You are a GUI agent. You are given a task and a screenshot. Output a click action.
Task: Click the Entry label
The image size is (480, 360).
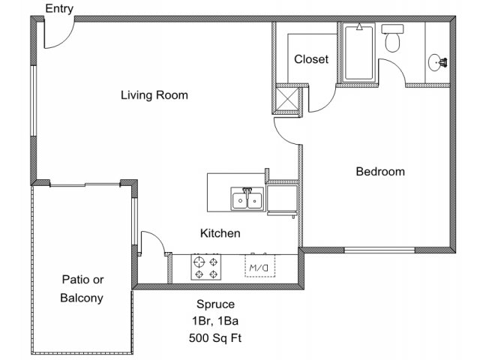(59, 9)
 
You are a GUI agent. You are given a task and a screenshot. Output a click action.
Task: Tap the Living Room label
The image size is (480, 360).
(154, 95)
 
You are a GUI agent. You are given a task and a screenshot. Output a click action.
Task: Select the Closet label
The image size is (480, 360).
(311, 59)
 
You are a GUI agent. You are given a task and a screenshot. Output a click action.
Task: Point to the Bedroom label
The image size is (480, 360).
(380, 172)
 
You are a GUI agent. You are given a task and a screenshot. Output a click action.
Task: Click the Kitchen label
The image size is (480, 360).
(220, 233)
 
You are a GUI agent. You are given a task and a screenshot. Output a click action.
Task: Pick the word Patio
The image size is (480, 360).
(73, 280)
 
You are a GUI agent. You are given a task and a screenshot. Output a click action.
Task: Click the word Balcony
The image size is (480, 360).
(82, 298)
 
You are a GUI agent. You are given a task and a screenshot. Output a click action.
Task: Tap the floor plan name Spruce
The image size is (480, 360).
(215, 304)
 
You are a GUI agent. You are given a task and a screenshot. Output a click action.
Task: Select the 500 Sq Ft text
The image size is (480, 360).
(215, 338)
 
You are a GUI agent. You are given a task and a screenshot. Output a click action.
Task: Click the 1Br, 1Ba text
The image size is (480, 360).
(215, 321)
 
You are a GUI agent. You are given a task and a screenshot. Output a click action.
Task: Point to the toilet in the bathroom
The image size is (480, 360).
(392, 38)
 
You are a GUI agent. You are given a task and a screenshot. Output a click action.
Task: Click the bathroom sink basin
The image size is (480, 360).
(435, 62)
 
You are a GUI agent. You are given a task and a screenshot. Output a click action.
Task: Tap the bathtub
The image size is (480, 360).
(359, 52)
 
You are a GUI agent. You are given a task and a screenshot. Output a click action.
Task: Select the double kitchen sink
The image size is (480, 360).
(247, 199)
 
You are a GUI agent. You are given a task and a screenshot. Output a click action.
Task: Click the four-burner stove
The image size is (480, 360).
(206, 267)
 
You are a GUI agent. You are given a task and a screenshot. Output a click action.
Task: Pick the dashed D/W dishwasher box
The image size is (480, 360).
(259, 266)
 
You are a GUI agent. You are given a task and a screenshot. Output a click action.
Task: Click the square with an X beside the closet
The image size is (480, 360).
(286, 99)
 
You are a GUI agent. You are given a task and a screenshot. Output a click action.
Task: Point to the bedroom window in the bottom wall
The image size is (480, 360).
(379, 250)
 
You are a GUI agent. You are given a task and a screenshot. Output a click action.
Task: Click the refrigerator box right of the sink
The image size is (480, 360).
(282, 198)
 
